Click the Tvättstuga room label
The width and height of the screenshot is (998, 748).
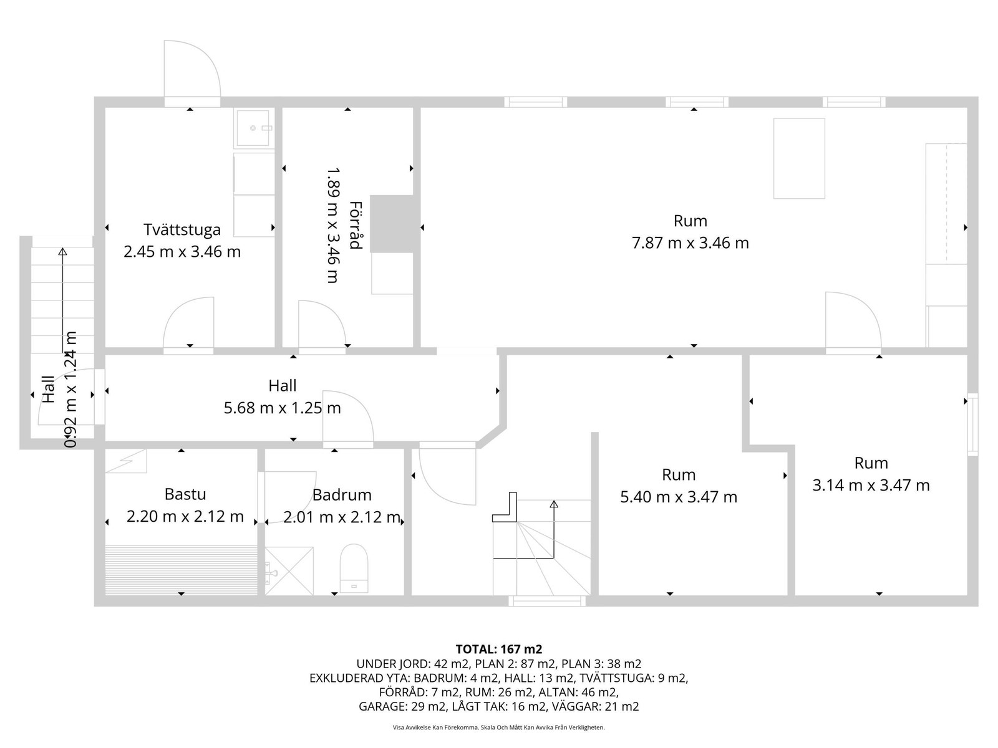182,229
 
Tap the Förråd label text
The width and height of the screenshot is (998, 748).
356,225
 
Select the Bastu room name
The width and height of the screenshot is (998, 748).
185,494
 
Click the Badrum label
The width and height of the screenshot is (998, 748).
342,494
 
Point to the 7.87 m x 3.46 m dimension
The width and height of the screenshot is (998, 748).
690,243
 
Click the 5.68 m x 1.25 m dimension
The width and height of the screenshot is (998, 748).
283,408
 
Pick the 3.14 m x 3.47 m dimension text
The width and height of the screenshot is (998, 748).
871,486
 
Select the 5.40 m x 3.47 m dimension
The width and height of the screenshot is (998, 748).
679,497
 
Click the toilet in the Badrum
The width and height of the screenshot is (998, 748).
354,568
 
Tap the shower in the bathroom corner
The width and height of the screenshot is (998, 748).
289,571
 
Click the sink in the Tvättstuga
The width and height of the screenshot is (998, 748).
254,128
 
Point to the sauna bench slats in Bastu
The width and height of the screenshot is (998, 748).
182,570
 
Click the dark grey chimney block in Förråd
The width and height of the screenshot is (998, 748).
392,224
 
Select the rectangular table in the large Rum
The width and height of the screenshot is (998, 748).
799,158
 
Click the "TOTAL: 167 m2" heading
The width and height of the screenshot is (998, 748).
499,649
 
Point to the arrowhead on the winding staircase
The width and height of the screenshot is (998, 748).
554,504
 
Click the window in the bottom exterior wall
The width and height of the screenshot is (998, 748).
547,601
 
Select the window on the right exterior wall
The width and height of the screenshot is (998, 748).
972,424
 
